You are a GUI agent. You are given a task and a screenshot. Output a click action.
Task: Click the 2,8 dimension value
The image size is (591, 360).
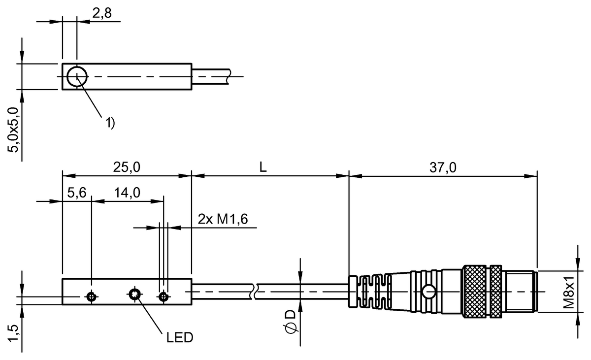101,14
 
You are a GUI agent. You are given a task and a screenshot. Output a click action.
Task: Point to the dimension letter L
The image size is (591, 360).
263,167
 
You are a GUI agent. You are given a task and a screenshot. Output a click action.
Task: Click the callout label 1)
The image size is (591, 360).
109,123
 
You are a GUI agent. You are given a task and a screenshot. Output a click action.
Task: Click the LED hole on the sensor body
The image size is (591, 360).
134,295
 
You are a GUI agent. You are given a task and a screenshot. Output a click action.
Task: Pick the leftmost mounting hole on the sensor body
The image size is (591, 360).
91,296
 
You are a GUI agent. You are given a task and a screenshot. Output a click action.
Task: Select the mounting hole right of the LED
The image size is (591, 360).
164,296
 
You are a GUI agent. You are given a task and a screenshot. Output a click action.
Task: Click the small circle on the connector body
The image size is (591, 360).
430,293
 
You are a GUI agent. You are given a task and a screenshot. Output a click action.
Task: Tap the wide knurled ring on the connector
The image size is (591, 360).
475,293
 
